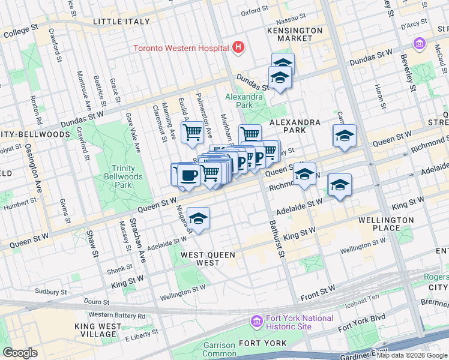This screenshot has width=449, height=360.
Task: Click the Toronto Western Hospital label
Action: click(x=180, y=48)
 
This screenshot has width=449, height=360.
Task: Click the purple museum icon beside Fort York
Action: click(x=257, y=322)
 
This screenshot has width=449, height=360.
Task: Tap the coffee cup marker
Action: click(x=188, y=175)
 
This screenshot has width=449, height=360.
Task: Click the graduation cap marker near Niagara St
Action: click(x=197, y=219)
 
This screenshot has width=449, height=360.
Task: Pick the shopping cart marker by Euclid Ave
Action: click(x=192, y=131)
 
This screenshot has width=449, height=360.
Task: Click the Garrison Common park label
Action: click(x=218, y=349)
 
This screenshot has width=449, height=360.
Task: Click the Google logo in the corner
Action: click(x=20, y=352)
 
